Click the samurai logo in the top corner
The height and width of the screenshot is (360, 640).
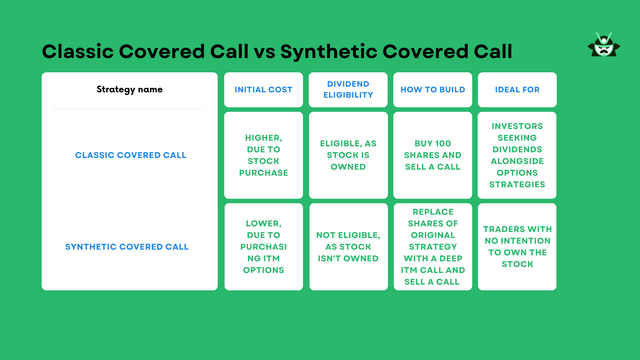pos(602,47)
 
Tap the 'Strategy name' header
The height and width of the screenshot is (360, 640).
pos(129,90)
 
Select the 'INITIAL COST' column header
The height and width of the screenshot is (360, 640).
pos(264,90)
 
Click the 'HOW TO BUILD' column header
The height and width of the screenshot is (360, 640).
pos(431,90)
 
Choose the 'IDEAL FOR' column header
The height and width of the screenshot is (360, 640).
pos(517,90)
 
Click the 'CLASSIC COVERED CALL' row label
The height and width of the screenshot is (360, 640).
pos(130,155)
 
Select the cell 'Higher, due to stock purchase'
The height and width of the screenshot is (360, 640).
pos(264,155)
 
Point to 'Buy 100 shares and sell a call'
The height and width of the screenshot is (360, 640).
pos(431,155)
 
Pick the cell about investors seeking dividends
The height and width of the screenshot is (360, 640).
pos(517,155)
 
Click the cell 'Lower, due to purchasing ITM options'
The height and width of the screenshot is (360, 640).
pos(264,247)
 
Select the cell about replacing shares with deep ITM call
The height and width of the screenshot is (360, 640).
pos(431,247)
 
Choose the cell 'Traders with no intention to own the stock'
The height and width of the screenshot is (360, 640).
pos(517,247)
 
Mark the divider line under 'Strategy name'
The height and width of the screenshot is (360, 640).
pos(129,109)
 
